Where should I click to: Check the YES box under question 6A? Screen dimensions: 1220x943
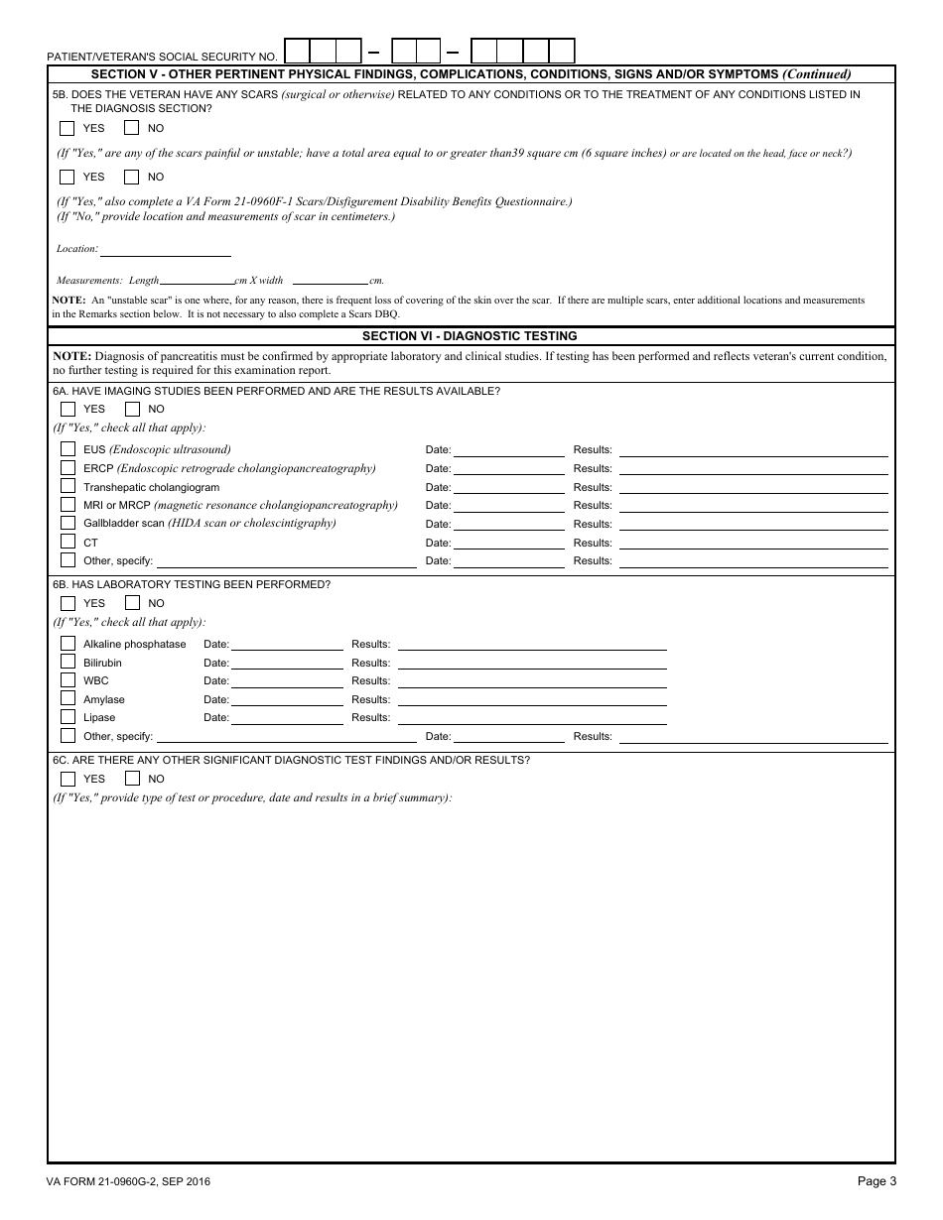(x=67, y=409)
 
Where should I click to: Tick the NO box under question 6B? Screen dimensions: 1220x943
(x=132, y=603)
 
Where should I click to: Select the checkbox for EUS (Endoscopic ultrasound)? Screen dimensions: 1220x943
(x=67, y=449)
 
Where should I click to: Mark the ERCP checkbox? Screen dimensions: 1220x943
(x=67, y=468)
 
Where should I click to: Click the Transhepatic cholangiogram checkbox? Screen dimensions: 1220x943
(x=67, y=486)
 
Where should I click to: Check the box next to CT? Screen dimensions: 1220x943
(x=67, y=542)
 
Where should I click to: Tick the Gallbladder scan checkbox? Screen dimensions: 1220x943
(x=67, y=523)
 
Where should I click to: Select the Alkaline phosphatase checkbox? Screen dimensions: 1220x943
(x=67, y=644)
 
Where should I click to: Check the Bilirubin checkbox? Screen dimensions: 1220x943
(x=67, y=662)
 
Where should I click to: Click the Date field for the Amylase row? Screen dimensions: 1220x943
(x=286, y=698)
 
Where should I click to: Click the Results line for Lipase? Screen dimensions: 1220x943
(x=531, y=716)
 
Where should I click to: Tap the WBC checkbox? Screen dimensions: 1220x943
(x=67, y=680)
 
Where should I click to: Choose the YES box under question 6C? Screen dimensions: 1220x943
(x=67, y=779)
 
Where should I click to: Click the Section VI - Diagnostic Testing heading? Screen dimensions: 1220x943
(x=470, y=336)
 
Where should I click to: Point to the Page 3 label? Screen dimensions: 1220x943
(x=876, y=1180)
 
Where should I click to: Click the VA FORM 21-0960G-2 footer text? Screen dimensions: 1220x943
(x=128, y=1181)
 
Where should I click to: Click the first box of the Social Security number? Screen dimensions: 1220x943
(x=298, y=51)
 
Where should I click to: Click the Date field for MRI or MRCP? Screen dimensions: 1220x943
(x=508, y=505)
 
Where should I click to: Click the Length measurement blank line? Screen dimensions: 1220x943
(x=197, y=281)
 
